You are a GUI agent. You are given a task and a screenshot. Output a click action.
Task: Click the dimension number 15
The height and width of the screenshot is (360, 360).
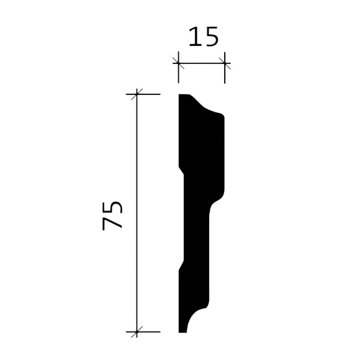203,38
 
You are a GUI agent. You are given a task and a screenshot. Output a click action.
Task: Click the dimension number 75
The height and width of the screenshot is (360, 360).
113,215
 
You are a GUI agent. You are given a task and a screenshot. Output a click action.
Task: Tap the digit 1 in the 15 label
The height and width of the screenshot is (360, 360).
194,38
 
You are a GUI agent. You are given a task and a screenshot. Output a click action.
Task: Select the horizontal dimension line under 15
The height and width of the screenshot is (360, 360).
201,63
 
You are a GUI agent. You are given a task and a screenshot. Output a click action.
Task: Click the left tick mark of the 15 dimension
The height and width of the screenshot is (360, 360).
178,63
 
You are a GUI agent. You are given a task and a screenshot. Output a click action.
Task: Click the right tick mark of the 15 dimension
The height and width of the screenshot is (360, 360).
224,63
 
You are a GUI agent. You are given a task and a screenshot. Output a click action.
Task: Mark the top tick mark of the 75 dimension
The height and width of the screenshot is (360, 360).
137,94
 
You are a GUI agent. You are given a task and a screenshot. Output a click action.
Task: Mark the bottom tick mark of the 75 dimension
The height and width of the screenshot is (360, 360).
137,331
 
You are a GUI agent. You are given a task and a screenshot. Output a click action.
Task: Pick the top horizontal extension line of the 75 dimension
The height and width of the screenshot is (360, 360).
149,94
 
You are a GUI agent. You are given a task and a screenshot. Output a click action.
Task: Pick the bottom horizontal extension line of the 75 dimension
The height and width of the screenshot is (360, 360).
149,331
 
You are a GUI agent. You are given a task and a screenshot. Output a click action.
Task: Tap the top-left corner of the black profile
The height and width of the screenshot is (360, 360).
179,95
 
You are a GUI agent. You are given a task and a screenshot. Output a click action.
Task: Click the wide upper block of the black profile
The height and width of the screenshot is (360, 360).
202,149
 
